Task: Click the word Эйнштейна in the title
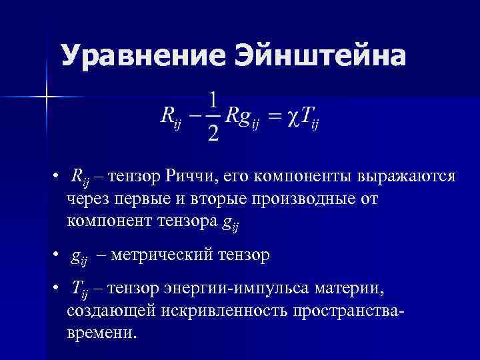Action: pyautogui.click(x=319, y=57)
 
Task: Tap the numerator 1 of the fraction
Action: pyautogui.click(x=212, y=101)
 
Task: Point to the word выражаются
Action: pyautogui.click(x=407, y=177)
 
